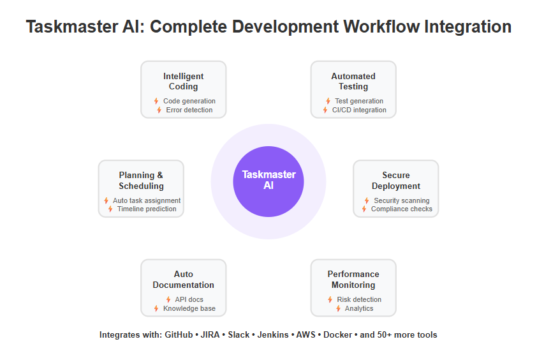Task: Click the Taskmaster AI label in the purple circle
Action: [x=268, y=179]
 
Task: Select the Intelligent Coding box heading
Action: [x=183, y=81]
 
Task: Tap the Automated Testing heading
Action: [x=353, y=81]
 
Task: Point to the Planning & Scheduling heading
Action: [x=141, y=181]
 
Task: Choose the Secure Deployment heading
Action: [x=396, y=181]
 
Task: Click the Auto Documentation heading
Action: [x=183, y=280]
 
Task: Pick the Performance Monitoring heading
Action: [x=353, y=280]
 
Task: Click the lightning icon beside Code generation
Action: [x=156, y=101]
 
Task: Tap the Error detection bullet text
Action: [x=189, y=110]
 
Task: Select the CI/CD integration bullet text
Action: [x=359, y=110]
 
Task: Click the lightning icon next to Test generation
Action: [x=328, y=101]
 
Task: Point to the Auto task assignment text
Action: [x=147, y=200]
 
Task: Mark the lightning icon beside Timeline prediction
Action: [x=110, y=209]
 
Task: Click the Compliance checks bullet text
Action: [x=402, y=209]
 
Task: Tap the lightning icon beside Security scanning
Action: [x=367, y=200]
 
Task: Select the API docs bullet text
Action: [x=189, y=299]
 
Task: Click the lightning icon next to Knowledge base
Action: [x=156, y=308]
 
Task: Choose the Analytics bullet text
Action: [x=359, y=308]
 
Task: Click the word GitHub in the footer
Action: [x=179, y=334]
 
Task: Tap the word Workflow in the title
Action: [x=381, y=26]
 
